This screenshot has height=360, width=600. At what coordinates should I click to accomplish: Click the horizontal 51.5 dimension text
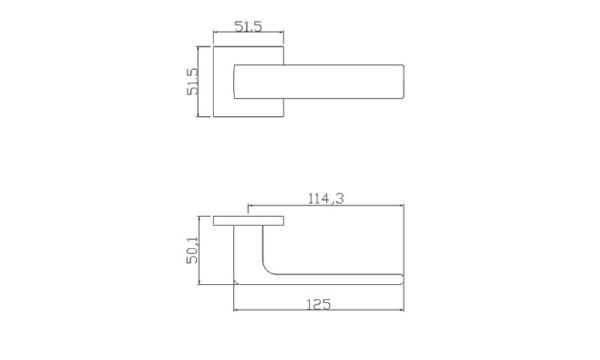coord(248,27)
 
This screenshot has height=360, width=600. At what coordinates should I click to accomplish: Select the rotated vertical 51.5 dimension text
coord(192,82)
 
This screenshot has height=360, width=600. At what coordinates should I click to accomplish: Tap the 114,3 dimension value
coord(326,198)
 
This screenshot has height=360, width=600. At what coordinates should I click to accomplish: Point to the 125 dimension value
coord(318,304)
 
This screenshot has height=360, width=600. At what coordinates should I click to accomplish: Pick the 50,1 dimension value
coord(192,250)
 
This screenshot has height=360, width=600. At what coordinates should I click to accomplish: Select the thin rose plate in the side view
coord(249,220)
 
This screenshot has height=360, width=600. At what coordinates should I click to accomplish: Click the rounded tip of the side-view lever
coord(401,279)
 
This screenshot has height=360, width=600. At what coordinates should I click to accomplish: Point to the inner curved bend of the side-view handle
coord(267,270)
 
